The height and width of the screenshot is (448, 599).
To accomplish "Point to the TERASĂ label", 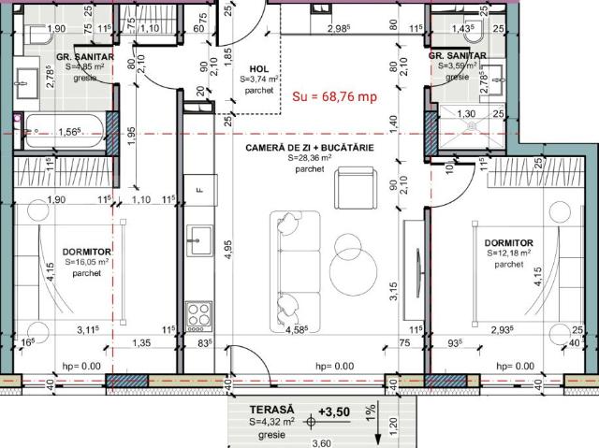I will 271,411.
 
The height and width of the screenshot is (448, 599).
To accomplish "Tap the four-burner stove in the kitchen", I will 197,312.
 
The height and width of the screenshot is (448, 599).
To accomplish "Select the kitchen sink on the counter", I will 197,240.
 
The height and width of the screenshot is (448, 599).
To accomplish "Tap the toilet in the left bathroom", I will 35,36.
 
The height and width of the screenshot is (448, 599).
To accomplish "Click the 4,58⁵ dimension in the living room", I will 296,329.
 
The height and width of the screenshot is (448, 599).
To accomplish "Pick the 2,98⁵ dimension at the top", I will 340,29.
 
